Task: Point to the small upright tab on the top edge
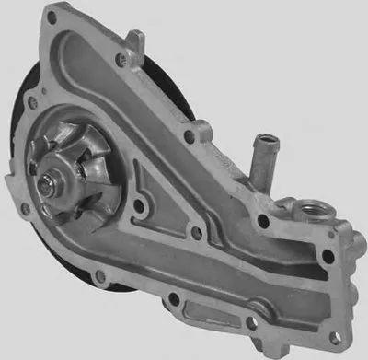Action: point(136,41)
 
